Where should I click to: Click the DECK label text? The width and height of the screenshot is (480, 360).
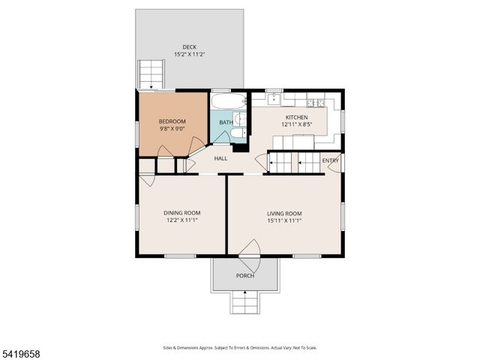(x=189, y=47)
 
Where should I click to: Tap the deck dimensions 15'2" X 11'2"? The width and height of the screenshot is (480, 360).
(x=189, y=55)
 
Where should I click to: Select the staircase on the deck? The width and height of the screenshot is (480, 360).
(x=151, y=74)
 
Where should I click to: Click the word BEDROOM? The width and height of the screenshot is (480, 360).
(x=172, y=121)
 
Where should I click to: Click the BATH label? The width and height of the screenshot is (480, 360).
(x=226, y=122)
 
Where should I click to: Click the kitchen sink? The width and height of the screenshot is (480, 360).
(x=274, y=97)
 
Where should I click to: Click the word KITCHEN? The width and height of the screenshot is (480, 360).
(x=296, y=117)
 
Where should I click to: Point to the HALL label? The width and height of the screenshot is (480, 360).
(x=220, y=158)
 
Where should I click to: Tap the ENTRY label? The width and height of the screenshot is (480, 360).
(x=330, y=160)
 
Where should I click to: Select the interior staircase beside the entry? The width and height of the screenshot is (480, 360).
(x=293, y=161)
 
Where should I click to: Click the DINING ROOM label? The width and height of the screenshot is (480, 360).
(x=182, y=213)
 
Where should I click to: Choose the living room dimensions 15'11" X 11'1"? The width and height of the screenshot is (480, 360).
(x=284, y=220)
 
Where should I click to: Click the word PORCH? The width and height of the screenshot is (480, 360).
(x=244, y=276)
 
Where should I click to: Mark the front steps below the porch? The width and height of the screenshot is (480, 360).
(x=245, y=302)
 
